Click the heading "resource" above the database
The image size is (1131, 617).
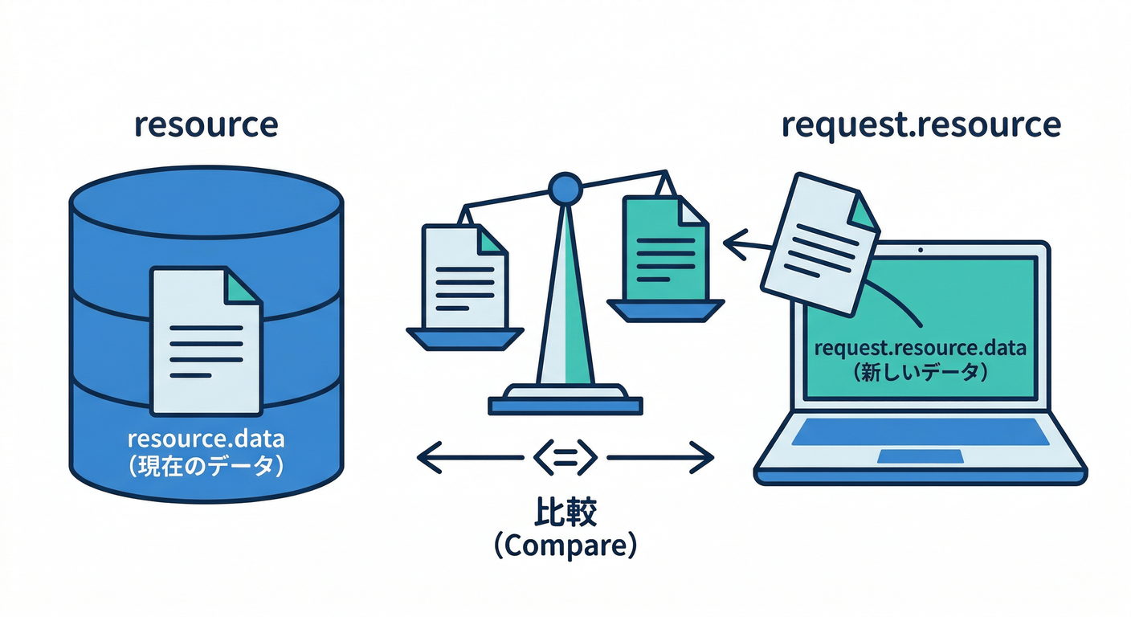[x=206, y=125]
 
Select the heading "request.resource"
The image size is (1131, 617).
[x=921, y=125]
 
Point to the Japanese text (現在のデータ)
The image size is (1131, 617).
[x=206, y=467]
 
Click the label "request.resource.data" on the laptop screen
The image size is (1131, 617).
[x=920, y=349]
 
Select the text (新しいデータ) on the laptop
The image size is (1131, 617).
[x=920, y=373]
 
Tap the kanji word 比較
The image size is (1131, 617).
[x=565, y=512]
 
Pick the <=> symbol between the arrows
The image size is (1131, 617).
[x=565, y=458]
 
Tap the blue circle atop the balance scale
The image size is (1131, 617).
[x=565, y=189]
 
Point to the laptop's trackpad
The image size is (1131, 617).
[x=920, y=456]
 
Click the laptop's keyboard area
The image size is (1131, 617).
[x=920, y=432]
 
